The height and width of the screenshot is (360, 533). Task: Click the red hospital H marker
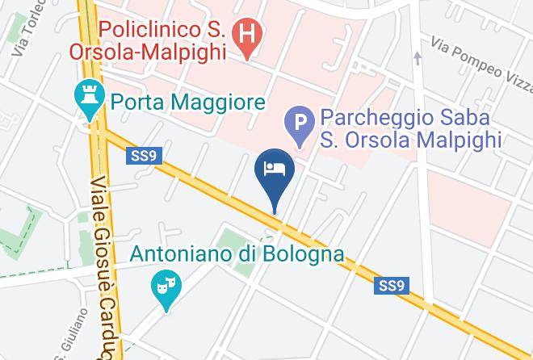[245, 33]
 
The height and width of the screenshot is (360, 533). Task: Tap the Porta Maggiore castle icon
[86, 99]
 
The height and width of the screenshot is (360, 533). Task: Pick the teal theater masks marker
[166, 287]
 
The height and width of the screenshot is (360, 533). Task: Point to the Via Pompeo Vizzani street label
[480, 50]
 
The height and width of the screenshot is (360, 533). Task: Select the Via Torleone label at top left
[23, 36]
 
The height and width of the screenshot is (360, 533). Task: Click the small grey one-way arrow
[418, 57]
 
